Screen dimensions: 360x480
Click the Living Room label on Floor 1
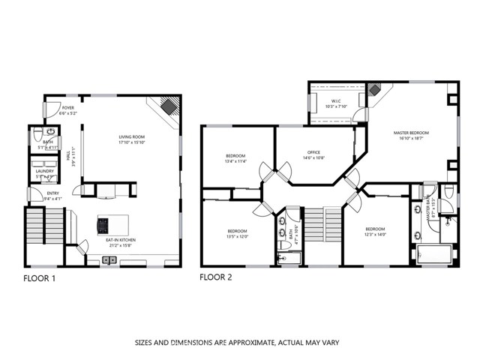point(132,136)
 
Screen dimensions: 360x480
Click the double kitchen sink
point(110,261)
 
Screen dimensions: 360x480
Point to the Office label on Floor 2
point(313,152)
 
